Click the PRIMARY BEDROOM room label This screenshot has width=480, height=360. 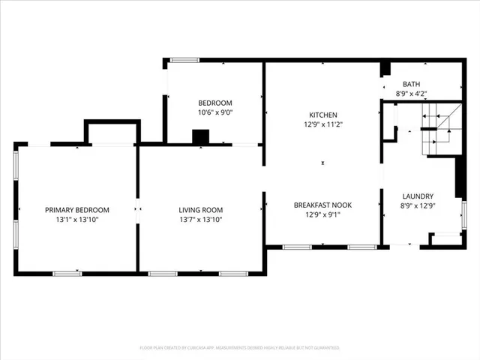tap(77, 210)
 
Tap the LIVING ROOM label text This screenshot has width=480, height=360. tap(200, 210)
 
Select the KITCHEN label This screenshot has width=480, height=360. tap(323, 115)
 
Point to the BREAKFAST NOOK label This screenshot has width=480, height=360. tap(322, 205)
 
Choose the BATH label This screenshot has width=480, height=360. tap(411, 84)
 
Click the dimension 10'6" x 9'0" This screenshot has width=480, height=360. tap(214, 112)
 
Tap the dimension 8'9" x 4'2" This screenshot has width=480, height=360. tap(411, 94)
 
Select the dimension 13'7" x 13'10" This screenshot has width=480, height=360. tap(200, 220)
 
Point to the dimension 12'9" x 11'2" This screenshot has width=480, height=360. tap(323, 124)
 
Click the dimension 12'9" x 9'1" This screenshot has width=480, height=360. tap(322, 214)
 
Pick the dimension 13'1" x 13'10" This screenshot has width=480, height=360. tap(77, 220)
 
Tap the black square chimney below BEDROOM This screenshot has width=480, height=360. tap(201, 137)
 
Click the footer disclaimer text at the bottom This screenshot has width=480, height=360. tap(240, 348)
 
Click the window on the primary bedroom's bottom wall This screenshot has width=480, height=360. tap(67, 273)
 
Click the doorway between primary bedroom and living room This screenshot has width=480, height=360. tap(137, 210)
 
